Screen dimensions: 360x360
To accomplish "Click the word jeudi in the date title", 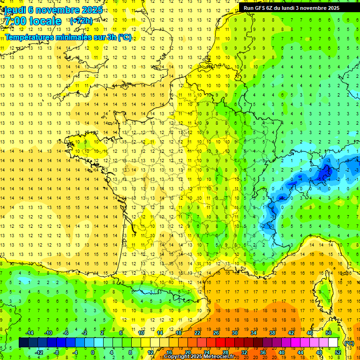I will click(15, 10).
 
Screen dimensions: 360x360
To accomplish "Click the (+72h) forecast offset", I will click(81, 21).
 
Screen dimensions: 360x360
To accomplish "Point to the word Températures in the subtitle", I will click(29, 37).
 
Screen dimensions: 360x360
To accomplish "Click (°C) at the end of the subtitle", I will click(125, 37).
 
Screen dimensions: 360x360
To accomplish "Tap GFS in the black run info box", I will click(261, 8).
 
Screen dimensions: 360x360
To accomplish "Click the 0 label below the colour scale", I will click(92, 352).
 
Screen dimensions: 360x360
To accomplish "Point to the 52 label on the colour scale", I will click(338, 352).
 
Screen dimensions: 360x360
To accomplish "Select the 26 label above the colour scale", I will click(216, 333).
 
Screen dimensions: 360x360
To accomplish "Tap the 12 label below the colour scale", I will click(150, 352).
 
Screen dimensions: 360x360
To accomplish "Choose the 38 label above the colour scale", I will click(272, 333).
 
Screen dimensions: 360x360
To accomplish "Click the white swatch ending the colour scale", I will click(333, 343).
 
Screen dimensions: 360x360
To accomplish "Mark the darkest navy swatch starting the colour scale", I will click(23, 343).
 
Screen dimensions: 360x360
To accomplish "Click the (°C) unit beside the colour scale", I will click(349, 343).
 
